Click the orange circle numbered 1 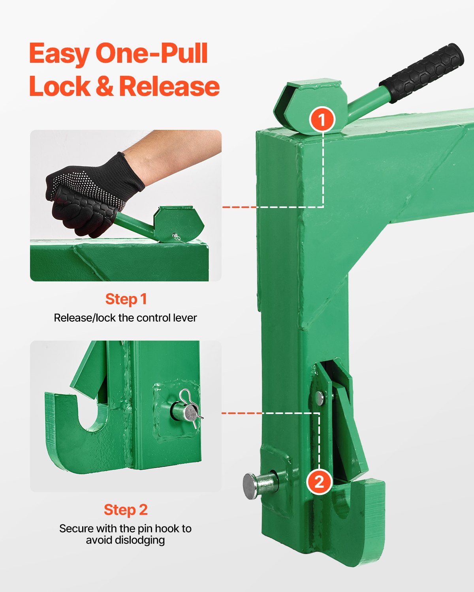322,120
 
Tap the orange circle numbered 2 319,481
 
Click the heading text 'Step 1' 126,299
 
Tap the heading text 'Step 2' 126,510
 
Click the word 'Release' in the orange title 169,86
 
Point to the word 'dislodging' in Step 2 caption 126,540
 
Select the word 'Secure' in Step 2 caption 76,529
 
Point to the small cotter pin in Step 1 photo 176,237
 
